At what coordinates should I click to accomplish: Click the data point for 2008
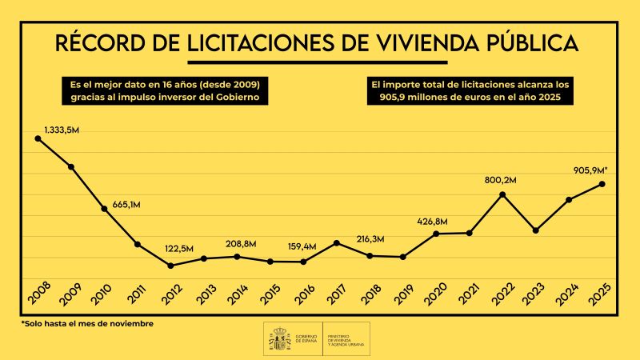(x=38, y=138)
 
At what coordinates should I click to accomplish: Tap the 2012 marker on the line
(x=170, y=266)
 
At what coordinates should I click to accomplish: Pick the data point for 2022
(x=502, y=194)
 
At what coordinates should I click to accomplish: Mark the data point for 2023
(x=535, y=230)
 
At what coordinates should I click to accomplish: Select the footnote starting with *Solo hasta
(x=87, y=324)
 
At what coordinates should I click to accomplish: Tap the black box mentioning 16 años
(x=166, y=90)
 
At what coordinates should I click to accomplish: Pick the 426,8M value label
(x=432, y=221)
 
